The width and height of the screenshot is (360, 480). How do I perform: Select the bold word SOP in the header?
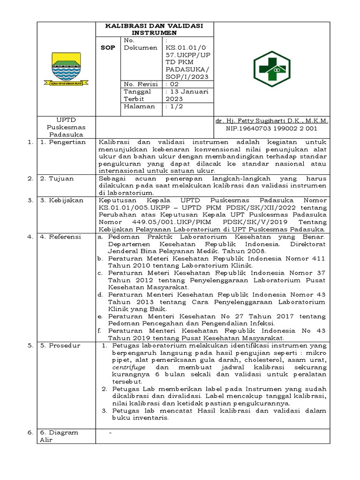pyautogui.click(x=108, y=48)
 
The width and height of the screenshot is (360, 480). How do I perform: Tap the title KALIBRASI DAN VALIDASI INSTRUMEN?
pyautogui.click(x=154, y=30)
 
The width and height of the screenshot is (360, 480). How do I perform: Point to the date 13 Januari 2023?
pyautogui.click(x=187, y=95)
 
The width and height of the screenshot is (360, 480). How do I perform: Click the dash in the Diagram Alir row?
pyautogui.click(x=110, y=432)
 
